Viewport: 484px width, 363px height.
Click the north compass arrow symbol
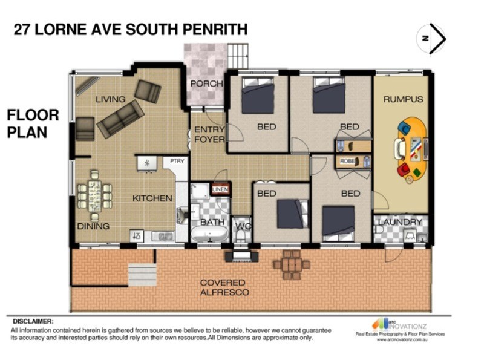click(x=431, y=38)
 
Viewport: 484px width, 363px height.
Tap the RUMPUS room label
click(x=402, y=99)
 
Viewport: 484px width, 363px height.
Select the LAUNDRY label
click(x=400, y=222)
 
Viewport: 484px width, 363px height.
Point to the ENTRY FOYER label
click(x=209, y=134)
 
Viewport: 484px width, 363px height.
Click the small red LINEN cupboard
click(x=219, y=189)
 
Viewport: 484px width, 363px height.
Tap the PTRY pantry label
click(x=177, y=161)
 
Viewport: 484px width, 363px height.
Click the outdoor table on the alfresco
click(x=291, y=265)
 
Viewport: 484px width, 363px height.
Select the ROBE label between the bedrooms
click(x=347, y=162)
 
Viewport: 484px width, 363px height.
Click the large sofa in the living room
click(x=120, y=119)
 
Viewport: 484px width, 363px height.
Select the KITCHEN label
click(x=152, y=198)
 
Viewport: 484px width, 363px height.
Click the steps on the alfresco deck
click(x=142, y=275)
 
